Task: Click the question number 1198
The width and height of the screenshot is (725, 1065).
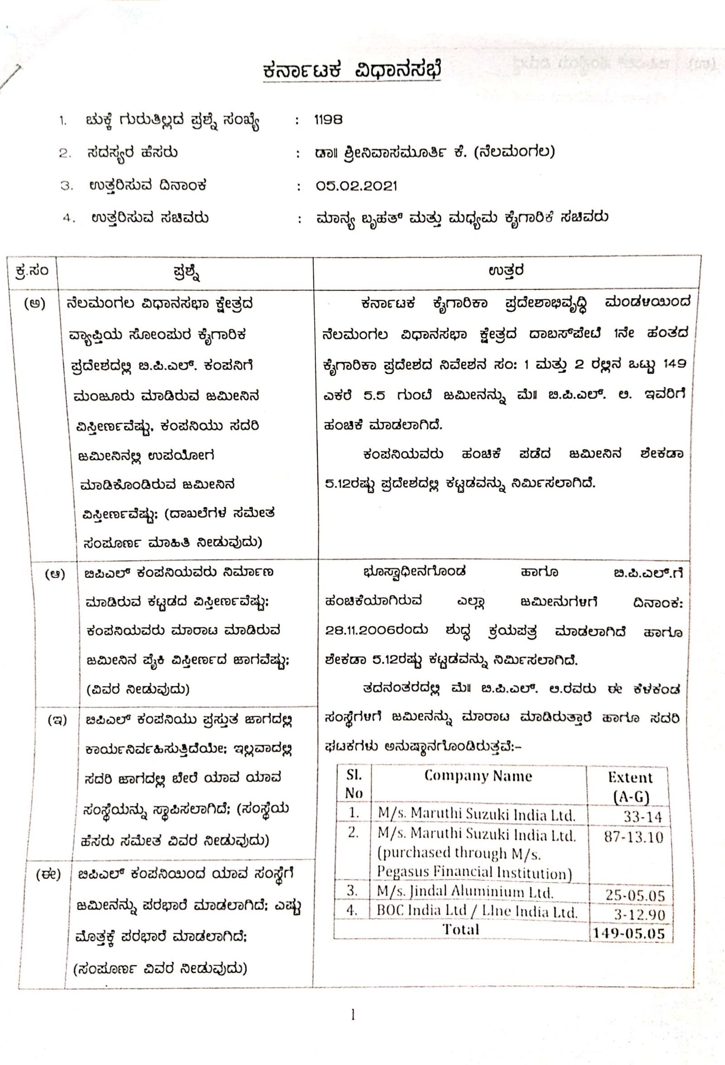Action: coord(329,120)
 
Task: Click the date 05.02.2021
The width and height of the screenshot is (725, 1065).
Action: coord(356,186)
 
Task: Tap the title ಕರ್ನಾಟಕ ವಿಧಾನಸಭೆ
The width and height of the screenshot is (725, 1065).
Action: coord(352,71)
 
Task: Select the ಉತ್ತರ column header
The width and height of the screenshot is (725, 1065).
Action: coord(506,271)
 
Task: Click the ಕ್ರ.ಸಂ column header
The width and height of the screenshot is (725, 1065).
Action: coord(31,271)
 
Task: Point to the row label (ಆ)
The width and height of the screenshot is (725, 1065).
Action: coord(54,574)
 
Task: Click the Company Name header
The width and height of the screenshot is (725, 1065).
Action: coord(478,776)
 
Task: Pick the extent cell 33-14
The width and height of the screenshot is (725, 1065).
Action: coord(642,816)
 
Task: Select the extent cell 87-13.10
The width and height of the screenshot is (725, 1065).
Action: coord(633,837)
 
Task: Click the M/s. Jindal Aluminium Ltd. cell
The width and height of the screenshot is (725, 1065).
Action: coord(465,892)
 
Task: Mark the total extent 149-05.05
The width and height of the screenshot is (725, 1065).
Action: coord(628,934)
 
